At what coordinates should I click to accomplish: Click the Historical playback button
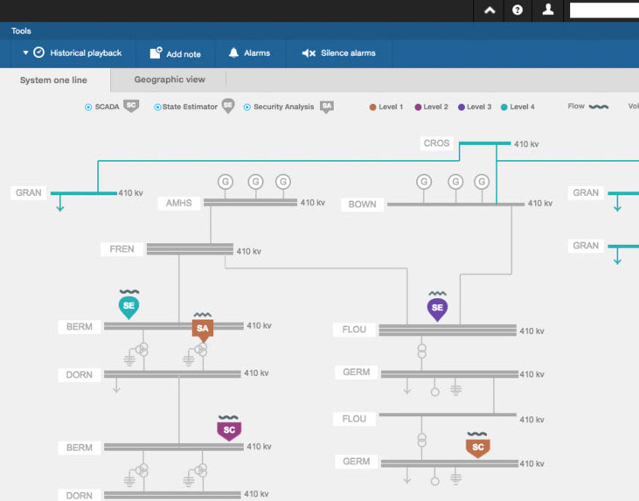click(x=73, y=53)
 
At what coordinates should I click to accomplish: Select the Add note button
click(x=176, y=53)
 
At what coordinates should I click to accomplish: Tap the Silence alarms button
click(x=339, y=53)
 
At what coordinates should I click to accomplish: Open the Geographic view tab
click(x=170, y=80)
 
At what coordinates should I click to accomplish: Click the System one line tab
click(x=53, y=80)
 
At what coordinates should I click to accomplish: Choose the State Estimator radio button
click(x=157, y=108)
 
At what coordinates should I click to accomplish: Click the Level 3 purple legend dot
click(x=462, y=108)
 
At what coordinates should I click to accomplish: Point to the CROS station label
click(x=436, y=143)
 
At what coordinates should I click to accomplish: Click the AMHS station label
click(x=179, y=203)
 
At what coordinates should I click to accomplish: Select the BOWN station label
click(x=362, y=205)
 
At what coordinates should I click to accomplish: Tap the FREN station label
click(x=122, y=249)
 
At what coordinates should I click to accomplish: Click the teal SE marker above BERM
click(x=128, y=307)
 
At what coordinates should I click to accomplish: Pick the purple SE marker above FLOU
click(x=437, y=309)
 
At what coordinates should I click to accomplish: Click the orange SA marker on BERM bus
click(x=203, y=330)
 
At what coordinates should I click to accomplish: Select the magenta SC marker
click(x=229, y=430)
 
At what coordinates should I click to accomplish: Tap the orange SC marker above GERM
click(x=477, y=448)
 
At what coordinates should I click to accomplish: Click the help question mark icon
click(x=517, y=10)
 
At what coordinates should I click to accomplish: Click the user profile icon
click(x=548, y=10)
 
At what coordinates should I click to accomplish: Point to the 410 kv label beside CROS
click(x=526, y=144)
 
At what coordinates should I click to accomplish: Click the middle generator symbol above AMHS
click(x=255, y=181)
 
